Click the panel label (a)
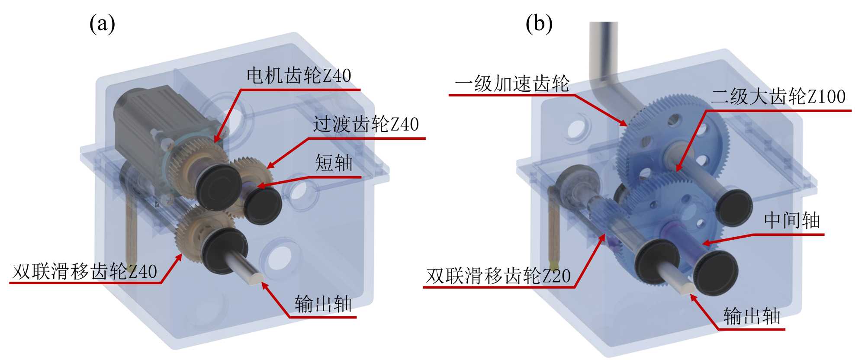(x=102, y=23)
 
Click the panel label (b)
(x=539, y=23)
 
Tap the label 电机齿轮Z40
(x=299, y=76)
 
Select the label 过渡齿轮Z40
(x=366, y=125)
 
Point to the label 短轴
(x=334, y=164)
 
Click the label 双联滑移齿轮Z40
(x=84, y=272)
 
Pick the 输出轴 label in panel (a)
(x=323, y=304)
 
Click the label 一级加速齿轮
(x=512, y=84)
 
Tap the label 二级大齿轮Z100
(x=778, y=96)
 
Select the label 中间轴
(x=792, y=221)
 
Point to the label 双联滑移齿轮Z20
(x=498, y=276)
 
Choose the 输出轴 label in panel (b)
(x=752, y=316)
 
